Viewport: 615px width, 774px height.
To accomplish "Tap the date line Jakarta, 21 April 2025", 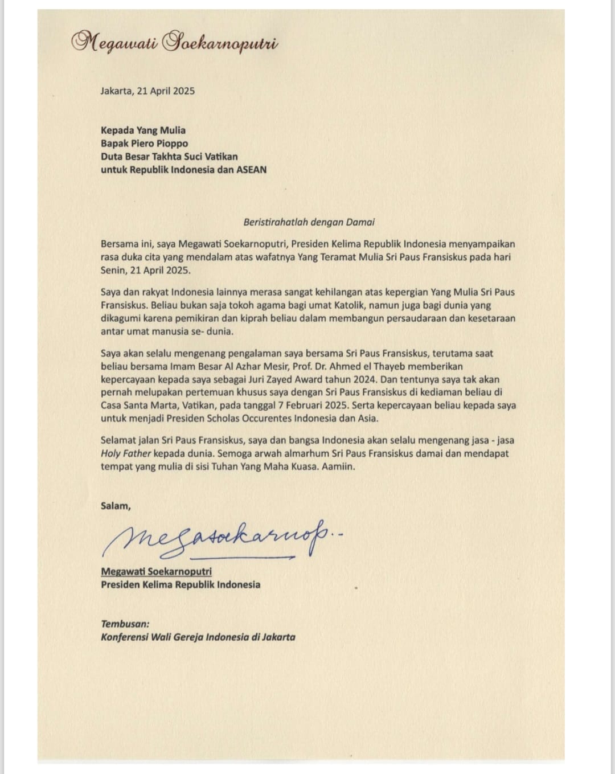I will [147, 91].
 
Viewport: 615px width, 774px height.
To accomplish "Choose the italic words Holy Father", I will [126, 454].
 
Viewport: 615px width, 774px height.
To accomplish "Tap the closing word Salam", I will [116, 506].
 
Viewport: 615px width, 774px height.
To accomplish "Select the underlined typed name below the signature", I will [156, 571].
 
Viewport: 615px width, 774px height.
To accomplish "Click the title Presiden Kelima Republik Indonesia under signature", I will [181, 584].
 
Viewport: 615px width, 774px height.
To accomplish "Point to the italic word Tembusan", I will [125, 624].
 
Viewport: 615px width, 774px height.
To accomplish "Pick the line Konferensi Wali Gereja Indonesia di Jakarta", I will [198, 637].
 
